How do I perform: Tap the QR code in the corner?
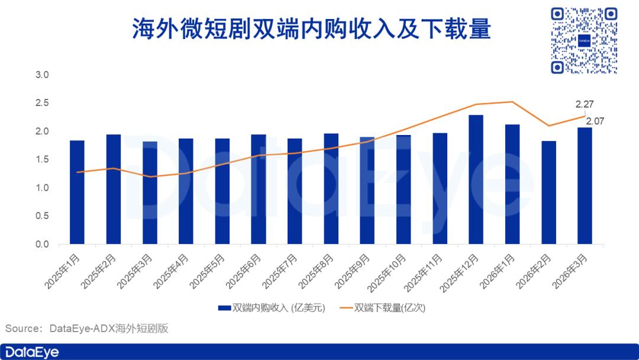coord(583,40)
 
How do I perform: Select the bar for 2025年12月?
coord(476,179)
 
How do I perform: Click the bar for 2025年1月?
coord(77,192)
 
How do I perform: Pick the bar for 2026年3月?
coord(585,186)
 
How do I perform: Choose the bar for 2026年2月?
coord(548,192)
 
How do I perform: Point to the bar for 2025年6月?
coord(259,189)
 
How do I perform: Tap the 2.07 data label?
coord(595,121)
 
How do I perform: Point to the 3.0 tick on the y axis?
coord(42,75)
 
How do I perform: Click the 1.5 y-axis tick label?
coord(42,159)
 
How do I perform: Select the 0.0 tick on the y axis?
coord(42,244)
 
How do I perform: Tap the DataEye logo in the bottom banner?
coord(30,352)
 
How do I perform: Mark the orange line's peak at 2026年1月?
coord(512,102)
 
